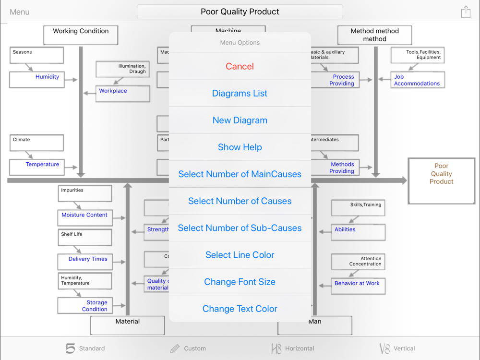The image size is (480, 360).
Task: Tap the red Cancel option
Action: (240, 67)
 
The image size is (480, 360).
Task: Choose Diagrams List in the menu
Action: (240, 94)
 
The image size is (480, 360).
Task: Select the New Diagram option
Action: (240, 120)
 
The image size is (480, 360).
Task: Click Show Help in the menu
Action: (240, 147)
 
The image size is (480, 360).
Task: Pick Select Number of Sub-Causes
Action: (240, 228)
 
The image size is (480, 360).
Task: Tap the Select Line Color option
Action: (240, 255)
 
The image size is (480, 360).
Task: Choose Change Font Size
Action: (240, 282)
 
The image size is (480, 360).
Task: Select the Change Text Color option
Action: (240, 309)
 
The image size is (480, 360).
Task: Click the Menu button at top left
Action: (20, 12)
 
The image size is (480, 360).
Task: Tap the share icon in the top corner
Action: (466, 12)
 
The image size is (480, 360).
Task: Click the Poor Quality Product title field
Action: (240, 12)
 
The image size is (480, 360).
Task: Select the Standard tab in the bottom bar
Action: (85, 348)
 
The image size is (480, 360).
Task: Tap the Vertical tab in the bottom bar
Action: (397, 348)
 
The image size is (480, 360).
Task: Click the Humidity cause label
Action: (47, 77)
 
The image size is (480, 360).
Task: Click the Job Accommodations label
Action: (417, 80)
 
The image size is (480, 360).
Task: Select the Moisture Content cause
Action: (84, 215)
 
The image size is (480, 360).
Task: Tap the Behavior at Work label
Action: (357, 283)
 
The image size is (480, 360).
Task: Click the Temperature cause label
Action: (42, 164)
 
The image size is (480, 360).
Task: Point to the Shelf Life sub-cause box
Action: (84, 237)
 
